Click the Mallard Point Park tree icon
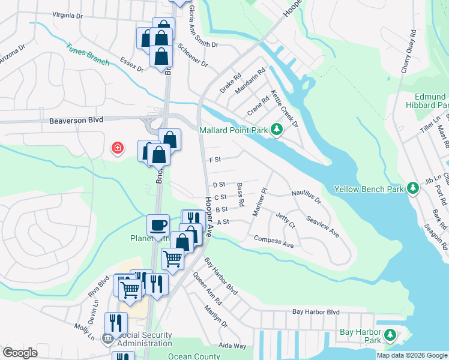276,128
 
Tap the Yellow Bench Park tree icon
412,188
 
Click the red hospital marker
118,147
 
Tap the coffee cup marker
158,225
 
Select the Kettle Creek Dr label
285,109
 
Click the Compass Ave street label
274,242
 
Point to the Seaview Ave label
323,226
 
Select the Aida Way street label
232,346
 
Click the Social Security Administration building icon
107,338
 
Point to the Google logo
20,353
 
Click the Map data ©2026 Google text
412,355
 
